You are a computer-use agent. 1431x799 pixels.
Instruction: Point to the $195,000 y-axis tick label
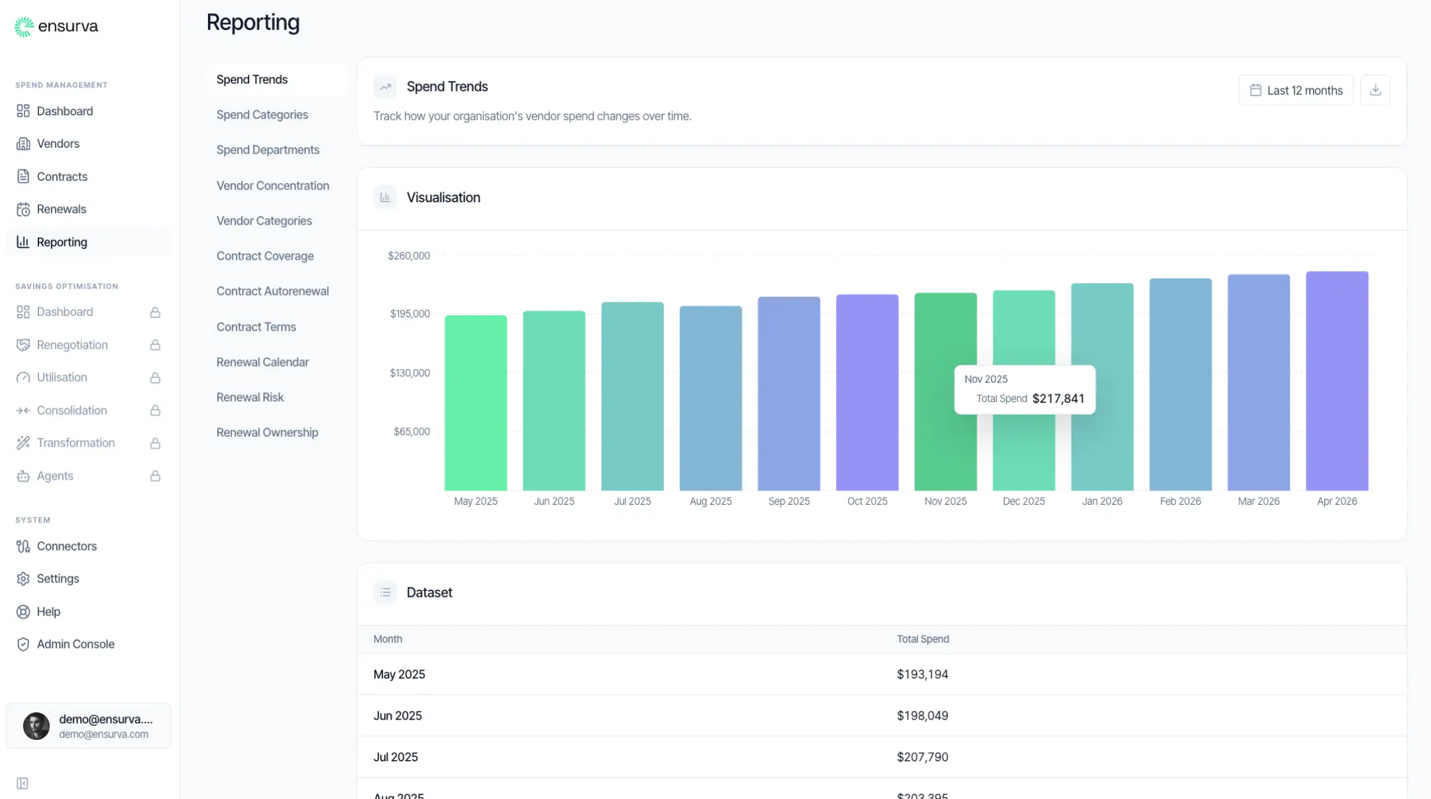point(409,313)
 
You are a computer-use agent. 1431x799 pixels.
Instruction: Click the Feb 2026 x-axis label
point(1180,501)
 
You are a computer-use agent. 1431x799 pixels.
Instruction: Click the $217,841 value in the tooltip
point(1058,398)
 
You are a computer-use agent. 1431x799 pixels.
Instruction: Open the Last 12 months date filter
point(1295,90)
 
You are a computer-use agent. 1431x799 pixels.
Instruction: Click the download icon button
point(1375,90)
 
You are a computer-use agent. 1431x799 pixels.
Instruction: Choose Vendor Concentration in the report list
point(272,186)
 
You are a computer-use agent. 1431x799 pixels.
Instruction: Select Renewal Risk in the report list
point(250,397)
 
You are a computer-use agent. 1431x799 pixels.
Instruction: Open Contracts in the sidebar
point(62,176)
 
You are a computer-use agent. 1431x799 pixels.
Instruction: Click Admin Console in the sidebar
point(76,644)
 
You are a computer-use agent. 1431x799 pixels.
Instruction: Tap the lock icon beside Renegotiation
point(155,345)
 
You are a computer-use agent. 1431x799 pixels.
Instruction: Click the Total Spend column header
point(922,639)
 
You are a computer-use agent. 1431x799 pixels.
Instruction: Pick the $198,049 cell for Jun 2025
point(922,716)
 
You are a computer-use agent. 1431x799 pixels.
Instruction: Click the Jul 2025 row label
point(396,757)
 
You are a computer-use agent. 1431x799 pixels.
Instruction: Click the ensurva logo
point(56,26)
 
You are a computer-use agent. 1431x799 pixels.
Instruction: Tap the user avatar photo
point(36,725)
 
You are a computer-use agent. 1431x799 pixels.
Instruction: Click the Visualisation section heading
point(443,197)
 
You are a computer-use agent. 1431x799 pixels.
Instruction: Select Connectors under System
point(66,546)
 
